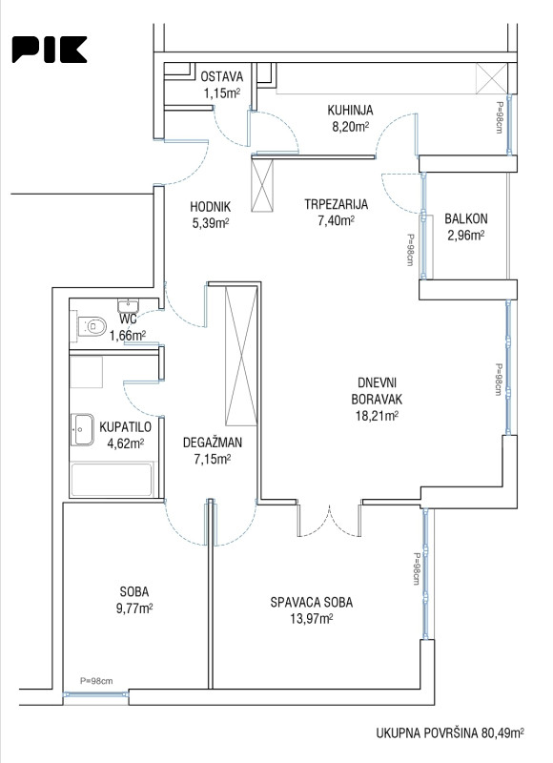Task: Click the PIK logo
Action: [50, 50]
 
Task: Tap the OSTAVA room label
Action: [222, 76]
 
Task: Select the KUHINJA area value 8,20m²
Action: [350, 127]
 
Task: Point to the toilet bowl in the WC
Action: [93, 325]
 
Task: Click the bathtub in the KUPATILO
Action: [112, 480]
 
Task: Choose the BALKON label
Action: [466, 219]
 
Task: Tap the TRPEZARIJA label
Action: [336, 204]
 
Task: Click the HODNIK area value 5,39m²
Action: [210, 223]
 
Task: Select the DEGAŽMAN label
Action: [213, 443]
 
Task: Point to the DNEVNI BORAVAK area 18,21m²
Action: [375, 416]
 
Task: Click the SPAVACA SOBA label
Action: [311, 603]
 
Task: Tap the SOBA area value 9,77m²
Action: [134, 608]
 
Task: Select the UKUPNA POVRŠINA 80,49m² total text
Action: [450, 732]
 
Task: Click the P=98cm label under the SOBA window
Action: [96, 681]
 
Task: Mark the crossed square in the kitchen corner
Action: [492, 78]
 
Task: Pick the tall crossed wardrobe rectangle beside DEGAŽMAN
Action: [241, 356]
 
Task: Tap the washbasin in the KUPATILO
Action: [83, 430]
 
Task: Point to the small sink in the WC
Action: [128, 306]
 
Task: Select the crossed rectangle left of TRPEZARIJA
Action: [262, 185]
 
